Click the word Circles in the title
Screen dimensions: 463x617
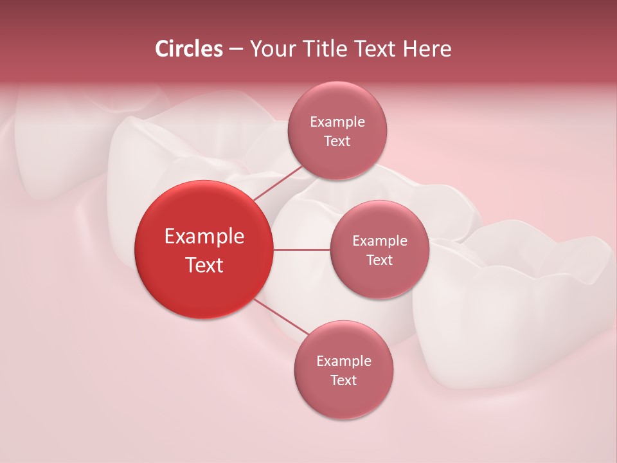(x=188, y=49)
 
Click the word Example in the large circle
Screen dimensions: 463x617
(x=204, y=237)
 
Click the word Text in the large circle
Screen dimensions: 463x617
(x=204, y=265)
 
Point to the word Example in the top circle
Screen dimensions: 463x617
(x=337, y=122)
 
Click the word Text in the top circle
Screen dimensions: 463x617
(x=337, y=141)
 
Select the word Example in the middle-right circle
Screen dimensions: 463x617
(x=380, y=241)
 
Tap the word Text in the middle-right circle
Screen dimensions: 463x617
(x=380, y=260)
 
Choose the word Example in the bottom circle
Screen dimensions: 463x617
(x=344, y=361)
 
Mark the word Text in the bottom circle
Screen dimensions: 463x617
(x=344, y=380)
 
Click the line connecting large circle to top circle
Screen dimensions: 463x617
(x=278, y=183)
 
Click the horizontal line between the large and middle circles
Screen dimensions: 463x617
(x=301, y=250)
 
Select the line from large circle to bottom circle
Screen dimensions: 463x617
(x=282, y=317)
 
